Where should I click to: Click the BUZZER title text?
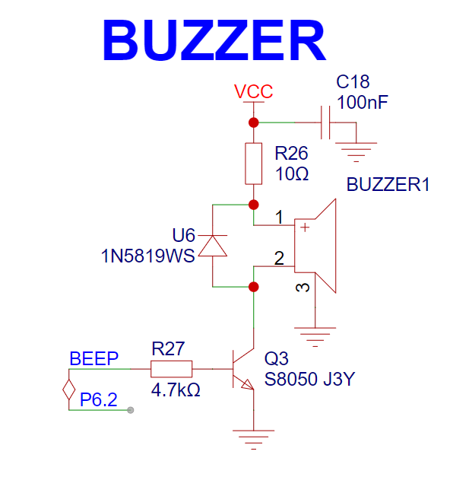(214, 40)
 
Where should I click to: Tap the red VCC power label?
(253, 91)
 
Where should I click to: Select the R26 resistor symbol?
(253, 164)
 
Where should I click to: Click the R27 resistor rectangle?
(172, 369)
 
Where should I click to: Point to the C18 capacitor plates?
(325, 122)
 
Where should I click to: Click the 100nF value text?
(363, 102)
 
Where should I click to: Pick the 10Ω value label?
(292, 174)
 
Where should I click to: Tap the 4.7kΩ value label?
(176, 390)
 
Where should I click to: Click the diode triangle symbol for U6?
(213, 246)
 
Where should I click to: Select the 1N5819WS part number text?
(147, 256)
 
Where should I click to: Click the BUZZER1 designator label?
(388, 184)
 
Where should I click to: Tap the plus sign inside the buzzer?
(305, 227)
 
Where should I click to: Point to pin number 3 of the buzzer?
(303, 288)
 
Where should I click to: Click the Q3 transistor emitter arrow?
(247, 384)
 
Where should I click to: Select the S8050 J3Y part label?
(309, 379)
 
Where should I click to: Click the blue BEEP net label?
(94, 358)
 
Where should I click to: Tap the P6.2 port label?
(99, 399)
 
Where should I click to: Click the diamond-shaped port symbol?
(69, 390)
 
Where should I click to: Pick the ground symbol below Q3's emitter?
(253, 440)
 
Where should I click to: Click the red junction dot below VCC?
(253, 122)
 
